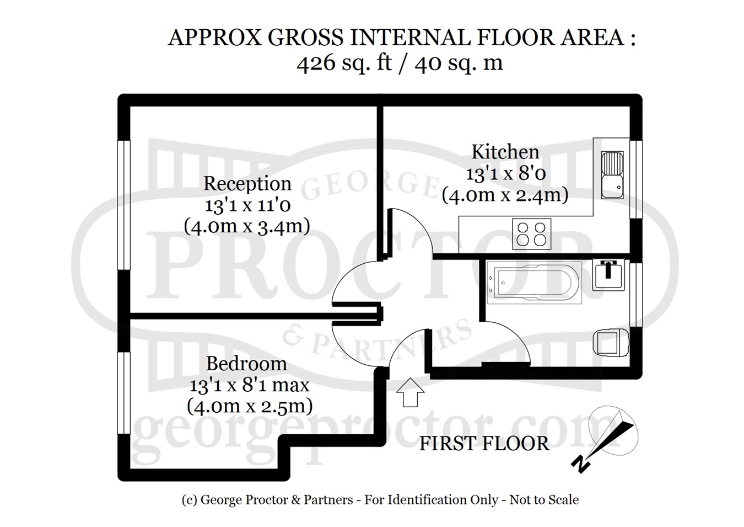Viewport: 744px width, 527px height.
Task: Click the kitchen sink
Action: coord(612,175)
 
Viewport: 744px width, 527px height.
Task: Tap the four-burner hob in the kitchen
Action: coord(531,234)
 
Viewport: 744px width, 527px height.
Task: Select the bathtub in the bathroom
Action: coord(534,283)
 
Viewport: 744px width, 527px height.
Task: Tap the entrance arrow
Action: coord(410,392)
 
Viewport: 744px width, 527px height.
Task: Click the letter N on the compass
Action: coord(580,464)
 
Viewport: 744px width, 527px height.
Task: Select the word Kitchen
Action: coord(505,152)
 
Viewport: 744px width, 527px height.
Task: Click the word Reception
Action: coord(247,184)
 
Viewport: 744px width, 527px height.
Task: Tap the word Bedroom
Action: coord(246,364)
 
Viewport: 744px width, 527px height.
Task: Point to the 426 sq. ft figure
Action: coord(344,62)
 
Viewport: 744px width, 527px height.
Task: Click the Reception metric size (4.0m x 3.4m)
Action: coord(247,227)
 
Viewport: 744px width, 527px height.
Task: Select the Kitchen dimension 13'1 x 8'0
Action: coord(505,174)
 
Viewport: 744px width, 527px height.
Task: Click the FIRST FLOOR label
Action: coord(484,444)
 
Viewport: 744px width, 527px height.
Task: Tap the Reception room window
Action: coord(123,205)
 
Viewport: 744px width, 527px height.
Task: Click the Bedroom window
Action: coord(123,393)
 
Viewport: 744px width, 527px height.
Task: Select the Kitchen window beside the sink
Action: coord(636,179)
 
